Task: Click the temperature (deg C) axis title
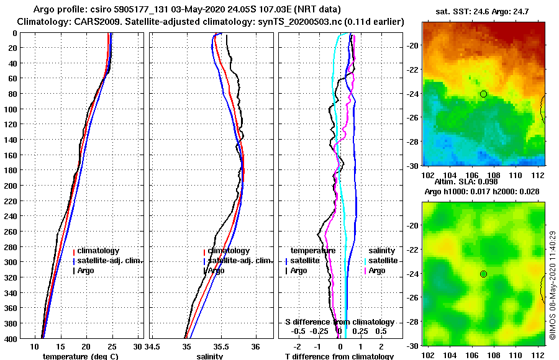pos(80,356)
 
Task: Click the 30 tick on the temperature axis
pos(138,346)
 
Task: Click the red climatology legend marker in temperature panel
pos(74,251)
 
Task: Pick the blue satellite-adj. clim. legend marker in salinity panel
pos(204,261)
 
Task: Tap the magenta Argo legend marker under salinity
pos(365,271)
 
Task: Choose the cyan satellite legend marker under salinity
pos(365,261)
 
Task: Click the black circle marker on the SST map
pos(483,94)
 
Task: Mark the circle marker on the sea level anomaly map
pos(483,274)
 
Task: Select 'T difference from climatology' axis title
pos(339,356)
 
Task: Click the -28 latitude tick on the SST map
pos(413,142)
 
